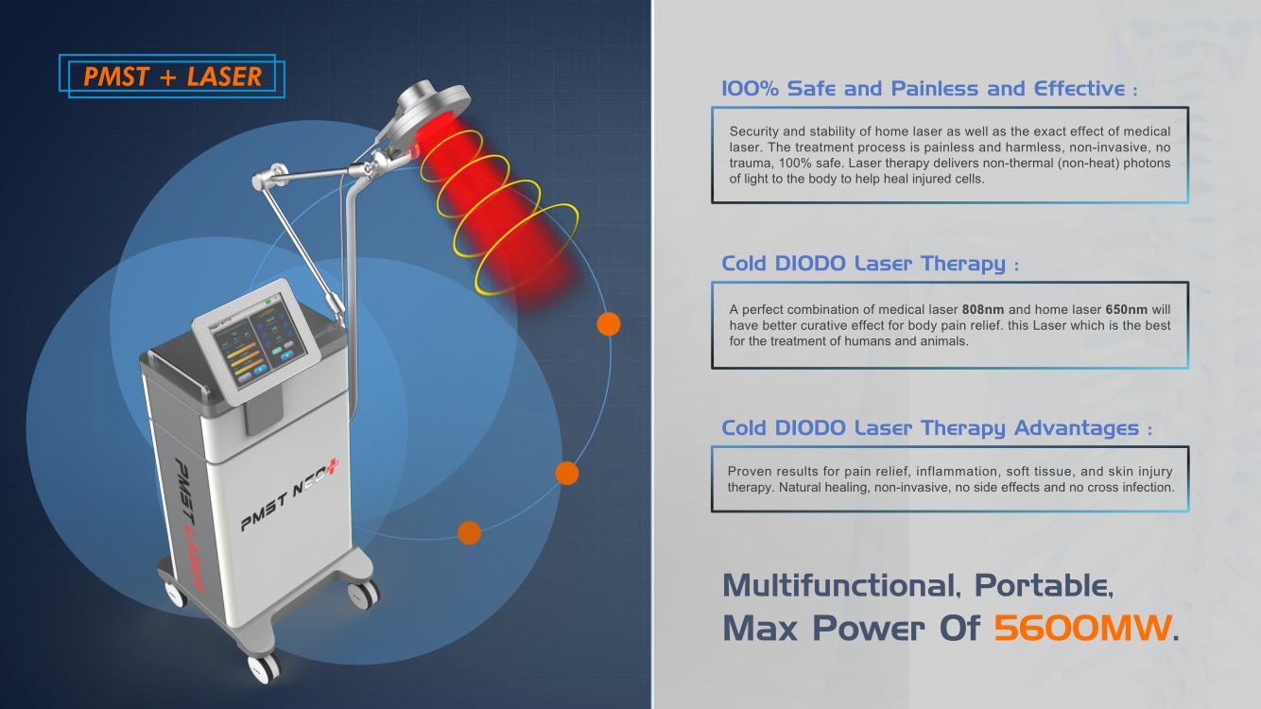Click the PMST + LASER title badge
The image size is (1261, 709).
click(x=172, y=76)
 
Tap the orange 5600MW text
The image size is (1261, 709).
click(x=1082, y=628)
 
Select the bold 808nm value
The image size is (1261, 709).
click(x=983, y=309)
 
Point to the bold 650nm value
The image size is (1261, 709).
click(x=1127, y=309)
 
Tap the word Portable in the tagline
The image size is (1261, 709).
click(x=1044, y=586)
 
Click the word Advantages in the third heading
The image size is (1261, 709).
click(x=1077, y=428)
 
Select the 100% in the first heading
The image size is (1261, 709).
click(x=750, y=89)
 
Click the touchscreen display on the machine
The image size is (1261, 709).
click(x=257, y=339)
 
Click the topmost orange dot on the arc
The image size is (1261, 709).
click(x=609, y=324)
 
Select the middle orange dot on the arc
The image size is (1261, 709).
click(x=567, y=473)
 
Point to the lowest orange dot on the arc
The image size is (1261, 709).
click(x=470, y=533)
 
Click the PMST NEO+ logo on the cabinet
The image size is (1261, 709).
click(x=289, y=494)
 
